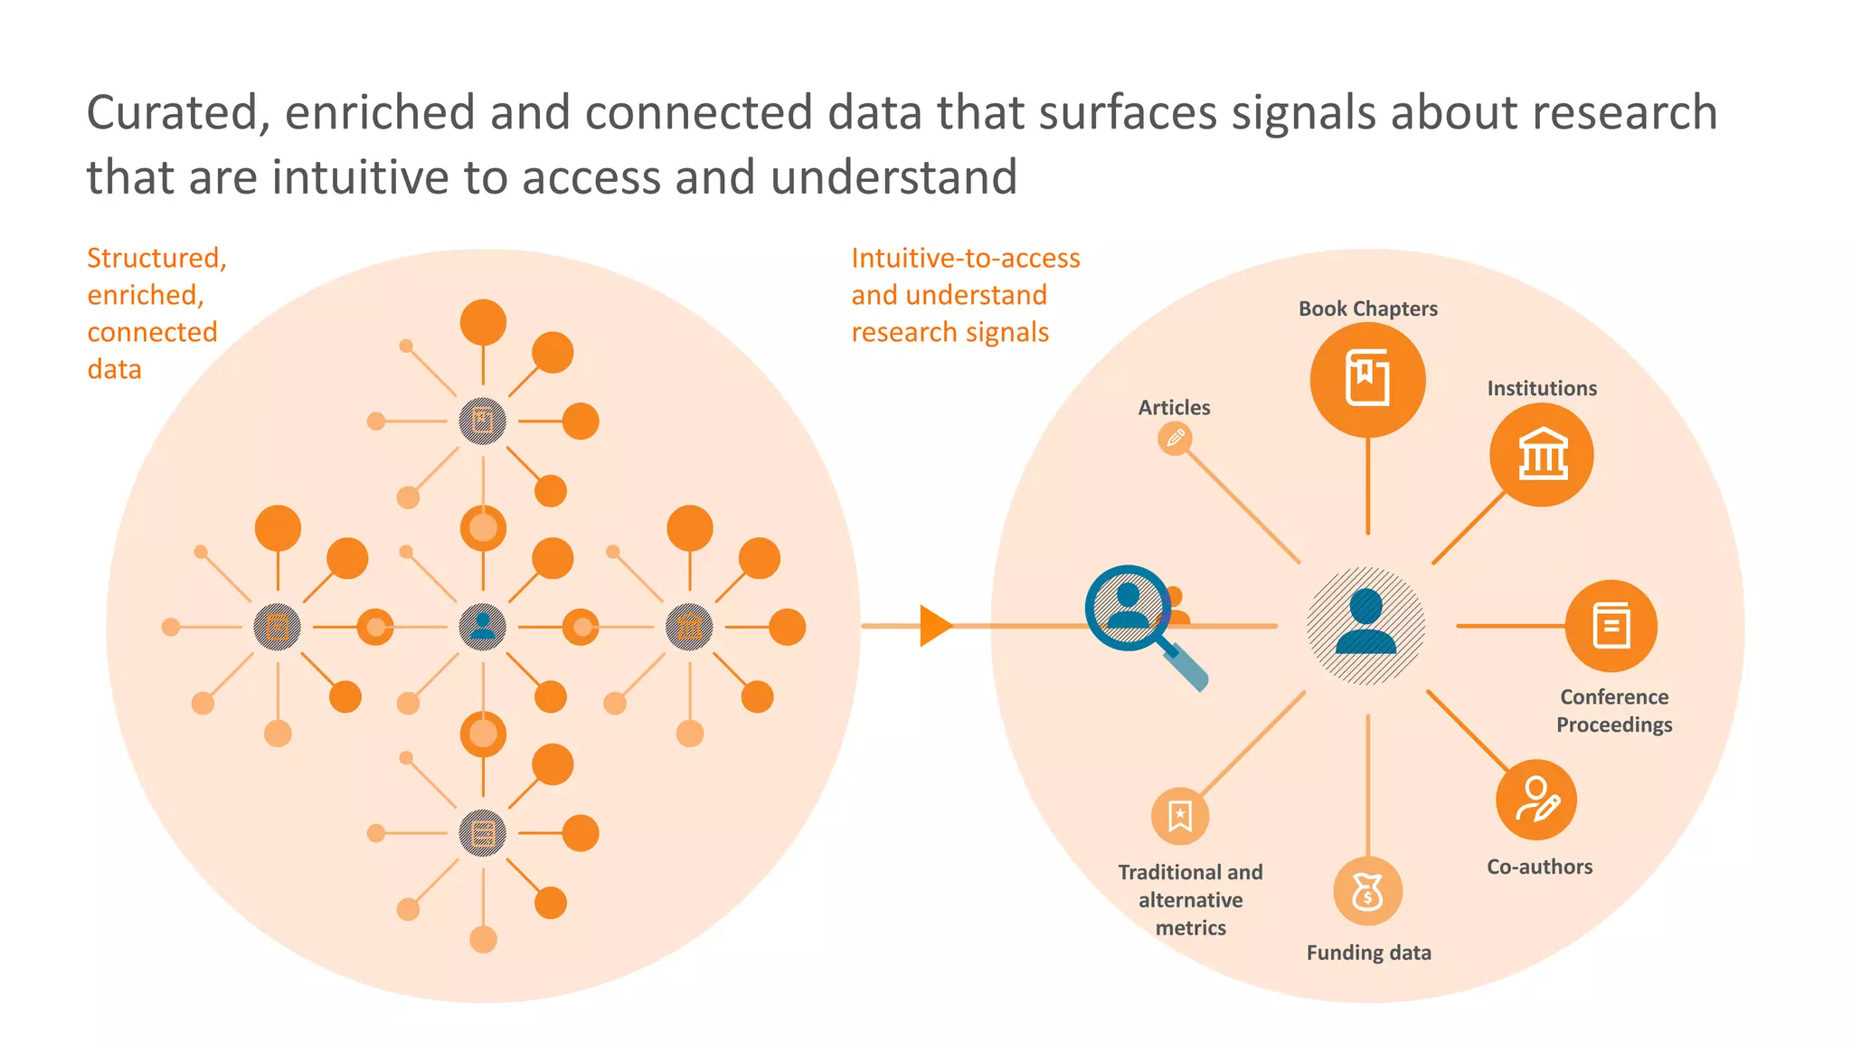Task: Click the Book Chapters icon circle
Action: point(1367,379)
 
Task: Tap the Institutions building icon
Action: point(1542,454)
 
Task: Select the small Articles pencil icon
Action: point(1175,439)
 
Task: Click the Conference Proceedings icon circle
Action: point(1611,626)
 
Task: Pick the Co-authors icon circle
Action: point(1536,800)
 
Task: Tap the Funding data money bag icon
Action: point(1367,892)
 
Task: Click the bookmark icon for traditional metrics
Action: point(1179,816)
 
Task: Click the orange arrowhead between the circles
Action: point(935,626)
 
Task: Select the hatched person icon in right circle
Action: point(1365,625)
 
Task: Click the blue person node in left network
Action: point(483,626)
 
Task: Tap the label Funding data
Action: point(1368,952)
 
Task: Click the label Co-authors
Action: point(1539,867)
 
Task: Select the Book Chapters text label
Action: point(1367,308)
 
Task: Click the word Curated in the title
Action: point(177,114)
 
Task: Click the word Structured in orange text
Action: point(156,259)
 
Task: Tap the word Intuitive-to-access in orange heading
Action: point(965,259)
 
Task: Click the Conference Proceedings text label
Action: point(1613,711)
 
